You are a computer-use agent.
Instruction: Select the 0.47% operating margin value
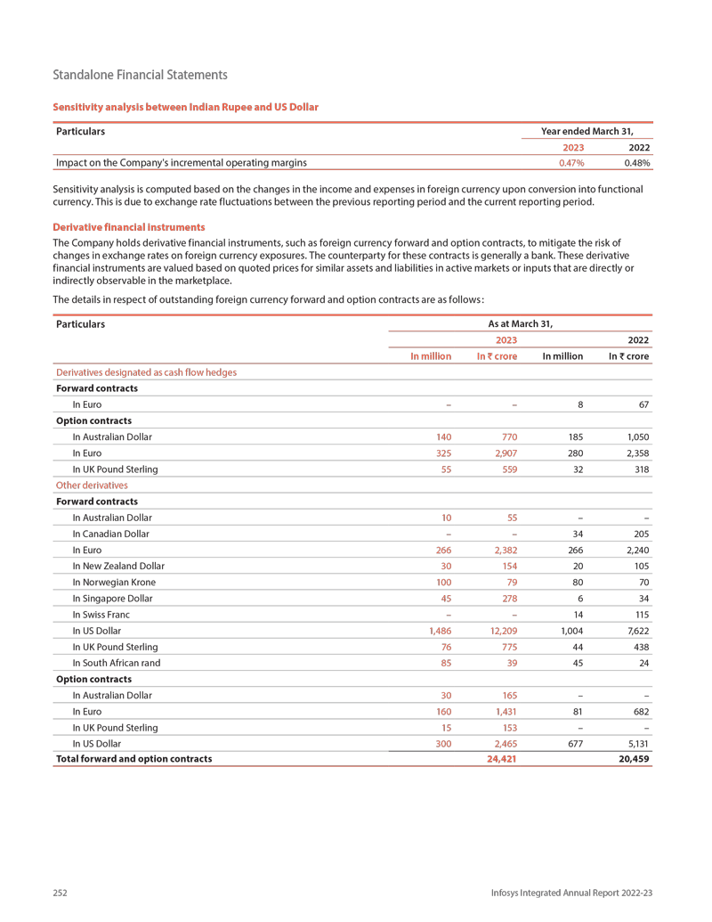(x=570, y=163)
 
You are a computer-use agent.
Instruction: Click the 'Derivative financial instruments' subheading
(x=129, y=227)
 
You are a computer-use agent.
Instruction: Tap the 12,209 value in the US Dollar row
(x=501, y=631)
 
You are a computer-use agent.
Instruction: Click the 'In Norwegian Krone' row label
(x=118, y=583)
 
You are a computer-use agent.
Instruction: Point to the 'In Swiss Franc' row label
(x=108, y=615)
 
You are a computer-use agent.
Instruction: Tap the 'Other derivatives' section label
(x=92, y=485)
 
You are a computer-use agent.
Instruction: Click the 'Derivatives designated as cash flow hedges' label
(x=146, y=372)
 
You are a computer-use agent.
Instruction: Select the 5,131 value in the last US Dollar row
(x=635, y=743)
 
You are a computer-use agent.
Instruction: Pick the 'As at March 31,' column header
(x=521, y=324)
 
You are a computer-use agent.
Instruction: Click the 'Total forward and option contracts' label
(x=133, y=759)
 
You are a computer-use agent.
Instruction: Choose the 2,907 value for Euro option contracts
(x=503, y=453)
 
